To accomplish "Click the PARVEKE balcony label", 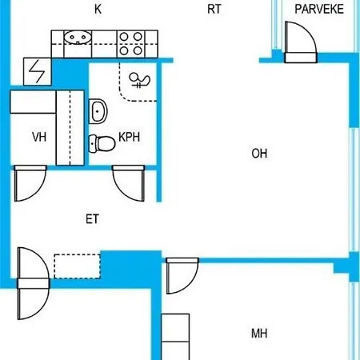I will [x=318, y=10].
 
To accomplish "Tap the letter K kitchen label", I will [x=98, y=10].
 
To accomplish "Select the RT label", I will [x=214, y=10].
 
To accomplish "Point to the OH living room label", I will [x=258, y=154].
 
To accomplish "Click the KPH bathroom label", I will [x=130, y=138].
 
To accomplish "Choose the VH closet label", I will [x=39, y=138].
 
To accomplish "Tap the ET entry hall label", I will [x=92, y=218].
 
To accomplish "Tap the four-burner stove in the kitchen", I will [x=130, y=43].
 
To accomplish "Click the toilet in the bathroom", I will [x=101, y=144].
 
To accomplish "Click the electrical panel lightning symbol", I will [x=37, y=72].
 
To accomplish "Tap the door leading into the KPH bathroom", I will [x=130, y=184].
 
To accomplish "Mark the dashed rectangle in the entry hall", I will [x=77, y=263].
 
